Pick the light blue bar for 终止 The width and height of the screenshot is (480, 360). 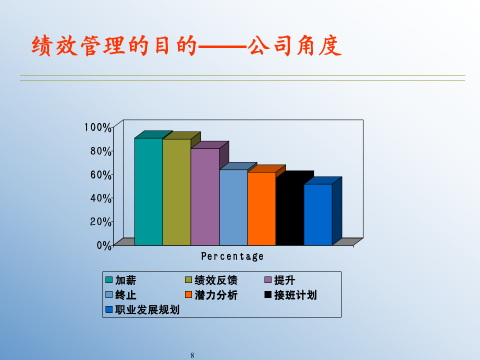233,207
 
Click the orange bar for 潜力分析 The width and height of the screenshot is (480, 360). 261,208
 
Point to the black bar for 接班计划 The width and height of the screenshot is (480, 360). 289,212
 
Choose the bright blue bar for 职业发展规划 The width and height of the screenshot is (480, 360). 318,214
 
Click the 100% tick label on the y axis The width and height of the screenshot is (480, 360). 97,127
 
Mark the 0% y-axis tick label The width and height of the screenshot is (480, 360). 103,245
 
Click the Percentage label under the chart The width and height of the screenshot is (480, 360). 232,256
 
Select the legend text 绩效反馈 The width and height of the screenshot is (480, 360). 216,280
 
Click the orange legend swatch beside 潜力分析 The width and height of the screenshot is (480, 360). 188,295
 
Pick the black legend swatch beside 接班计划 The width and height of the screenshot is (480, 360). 268,295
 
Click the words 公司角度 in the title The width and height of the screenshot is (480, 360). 295,46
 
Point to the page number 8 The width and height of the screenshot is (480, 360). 192,355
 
